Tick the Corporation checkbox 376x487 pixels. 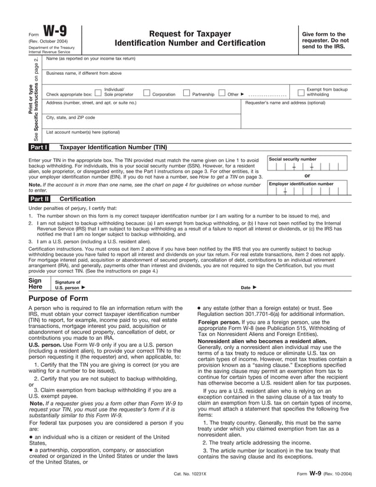pos(146,93)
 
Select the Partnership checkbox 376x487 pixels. pos(186,93)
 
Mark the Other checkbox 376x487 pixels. pos(222,93)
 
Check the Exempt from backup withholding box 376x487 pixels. pos(301,92)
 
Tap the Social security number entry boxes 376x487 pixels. pos(307,167)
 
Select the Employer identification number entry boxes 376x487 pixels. pos(307,190)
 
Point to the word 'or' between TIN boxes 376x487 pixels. pos(307,176)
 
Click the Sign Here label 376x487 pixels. pos(35,284)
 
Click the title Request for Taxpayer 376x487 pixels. pos(190,34)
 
